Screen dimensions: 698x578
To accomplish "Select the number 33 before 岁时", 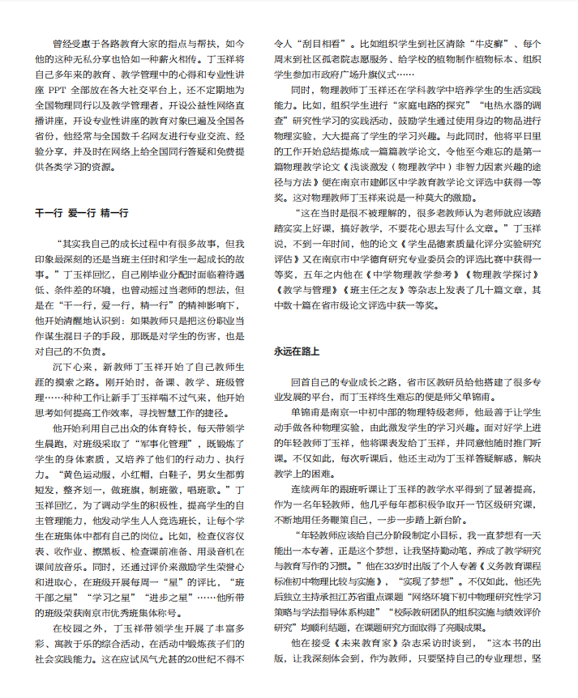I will pyautogui.click(x=392, y=572).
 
